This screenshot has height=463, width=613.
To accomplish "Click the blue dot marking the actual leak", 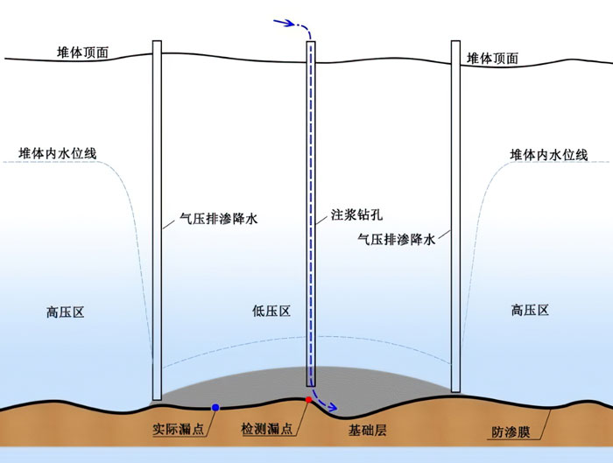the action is (215, 408).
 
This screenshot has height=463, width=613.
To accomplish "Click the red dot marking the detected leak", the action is (308, 400).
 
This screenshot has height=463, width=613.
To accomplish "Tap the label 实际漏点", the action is (179, 430).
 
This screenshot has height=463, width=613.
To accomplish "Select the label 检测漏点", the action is (267, 429).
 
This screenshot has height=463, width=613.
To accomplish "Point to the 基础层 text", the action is (368, 431).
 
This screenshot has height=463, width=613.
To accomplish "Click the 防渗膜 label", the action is (511, 432).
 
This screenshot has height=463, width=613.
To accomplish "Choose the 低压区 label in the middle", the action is (271, 311).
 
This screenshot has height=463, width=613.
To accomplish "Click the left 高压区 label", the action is (66, 312).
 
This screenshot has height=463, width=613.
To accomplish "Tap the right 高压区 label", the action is (530, 310).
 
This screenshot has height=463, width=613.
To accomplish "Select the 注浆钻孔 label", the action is (357, 214).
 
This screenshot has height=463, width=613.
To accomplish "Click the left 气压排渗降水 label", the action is (219, 219).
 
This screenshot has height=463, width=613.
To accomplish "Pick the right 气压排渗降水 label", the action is (397, 239).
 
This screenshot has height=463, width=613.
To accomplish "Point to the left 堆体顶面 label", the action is (82, 53).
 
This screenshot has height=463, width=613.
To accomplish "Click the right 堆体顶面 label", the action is (492, 59).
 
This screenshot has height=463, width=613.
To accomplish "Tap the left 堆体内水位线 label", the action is (58, 153).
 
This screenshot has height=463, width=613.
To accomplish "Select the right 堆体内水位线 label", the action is (549, 155).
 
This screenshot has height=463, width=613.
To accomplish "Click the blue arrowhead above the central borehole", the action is (290, 23).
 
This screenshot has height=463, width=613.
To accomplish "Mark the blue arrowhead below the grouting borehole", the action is (332, 408).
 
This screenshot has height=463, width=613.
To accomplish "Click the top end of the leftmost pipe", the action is (157, 41).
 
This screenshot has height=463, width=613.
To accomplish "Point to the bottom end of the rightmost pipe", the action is (455, 391).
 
